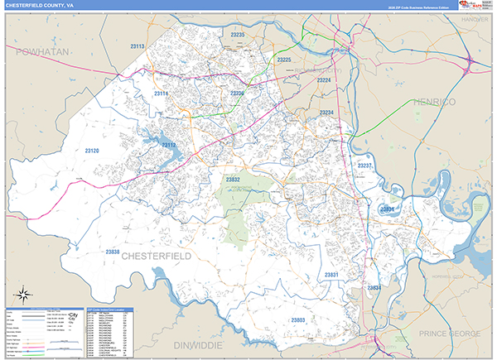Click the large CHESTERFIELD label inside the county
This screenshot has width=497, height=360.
pos(157,257)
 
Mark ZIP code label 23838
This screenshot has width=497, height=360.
pos(113,251)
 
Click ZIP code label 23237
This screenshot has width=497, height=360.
pos(365,166)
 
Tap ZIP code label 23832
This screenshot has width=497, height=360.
pos(233,179)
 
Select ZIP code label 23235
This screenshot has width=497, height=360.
pos(237,35)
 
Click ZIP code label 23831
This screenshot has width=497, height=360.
pos(331,274)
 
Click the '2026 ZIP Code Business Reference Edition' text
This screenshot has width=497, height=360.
pos(418,8)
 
